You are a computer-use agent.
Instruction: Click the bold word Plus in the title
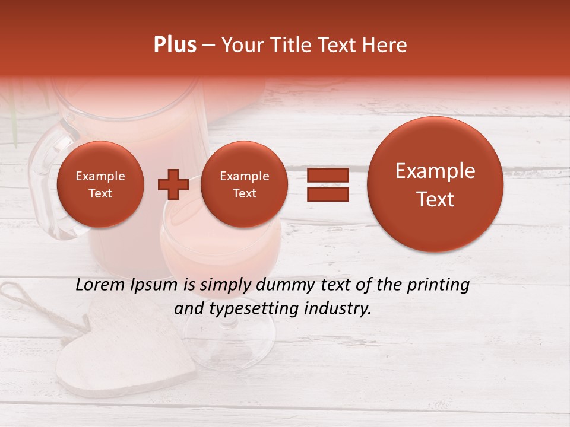click(x=175, y=45)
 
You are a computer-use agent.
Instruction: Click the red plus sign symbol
click(x=173, y=184)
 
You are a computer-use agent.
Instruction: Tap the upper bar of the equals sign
click(x=327, y=175)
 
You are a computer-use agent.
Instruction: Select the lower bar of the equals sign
click(x=327, y=194)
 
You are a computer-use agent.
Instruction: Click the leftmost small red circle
click(x=100, y=184)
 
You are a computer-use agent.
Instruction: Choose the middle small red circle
click(x=244, y=184)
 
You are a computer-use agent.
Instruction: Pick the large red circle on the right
click(x=435, y=184)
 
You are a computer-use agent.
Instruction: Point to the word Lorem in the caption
click(x=97, y=285)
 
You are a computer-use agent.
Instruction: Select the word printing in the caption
click(x=438, y=285)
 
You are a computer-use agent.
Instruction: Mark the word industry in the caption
click(x=341, y=308)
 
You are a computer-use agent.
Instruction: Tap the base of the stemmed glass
click(x=229, y=356)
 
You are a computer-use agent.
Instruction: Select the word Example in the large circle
click(x=435, y=171)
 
